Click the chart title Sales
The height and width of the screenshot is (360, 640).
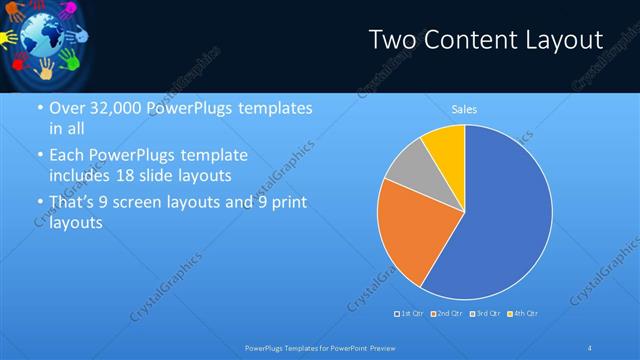[x=464, y=108]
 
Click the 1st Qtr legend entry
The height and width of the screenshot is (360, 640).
[x=411, y=314]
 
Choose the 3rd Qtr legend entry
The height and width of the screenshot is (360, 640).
[x=485, y=314]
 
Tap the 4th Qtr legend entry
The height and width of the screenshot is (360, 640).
[x=523, y=314]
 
